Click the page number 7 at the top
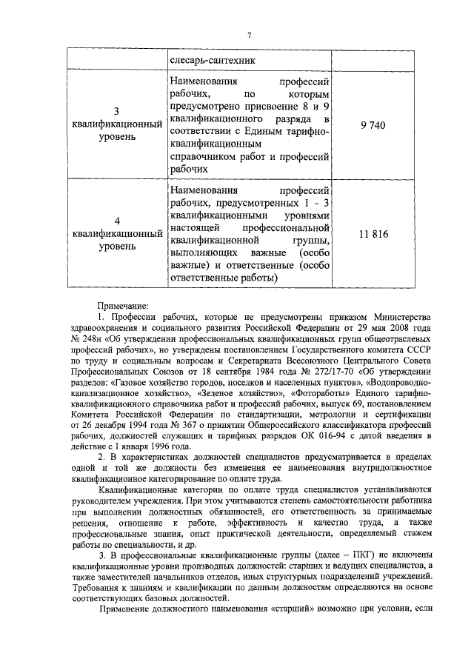tap(250, 36)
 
